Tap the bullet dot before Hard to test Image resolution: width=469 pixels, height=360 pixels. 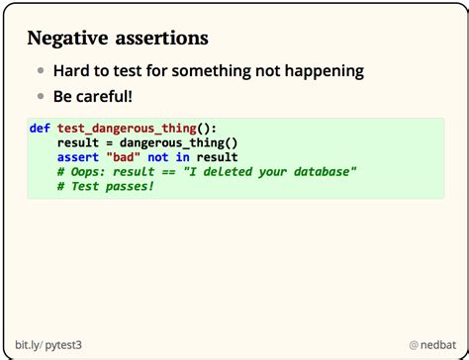[42, 71]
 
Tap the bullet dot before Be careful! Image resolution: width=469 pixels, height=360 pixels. [42, 97]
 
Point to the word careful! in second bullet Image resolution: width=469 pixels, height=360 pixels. [109, 97]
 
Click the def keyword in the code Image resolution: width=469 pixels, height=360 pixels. [41, 129]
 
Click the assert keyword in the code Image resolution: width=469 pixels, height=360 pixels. [78, 156]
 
